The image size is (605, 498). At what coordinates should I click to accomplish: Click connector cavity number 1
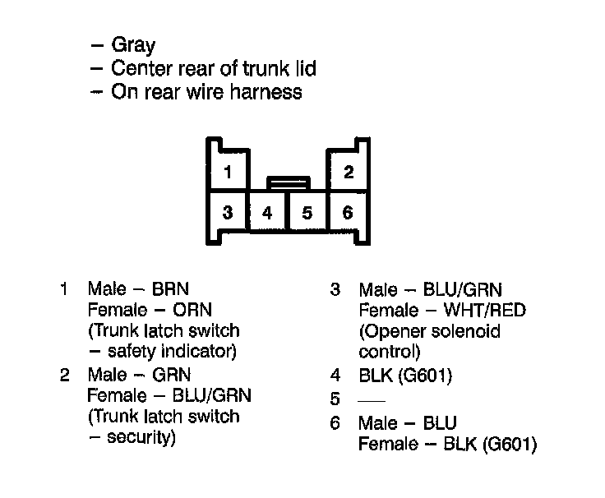point(228,173)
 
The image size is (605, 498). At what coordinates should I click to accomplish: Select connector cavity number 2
point(349,173)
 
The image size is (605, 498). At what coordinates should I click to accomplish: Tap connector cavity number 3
point(228,213)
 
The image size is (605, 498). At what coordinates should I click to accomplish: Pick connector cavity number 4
point(267,213)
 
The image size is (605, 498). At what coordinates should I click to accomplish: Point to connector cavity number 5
point(307,213)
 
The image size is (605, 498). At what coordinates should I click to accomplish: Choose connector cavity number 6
point(348,213)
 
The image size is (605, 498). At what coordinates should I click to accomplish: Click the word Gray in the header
point(133,46)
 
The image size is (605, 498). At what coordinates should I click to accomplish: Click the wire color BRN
point(171,288)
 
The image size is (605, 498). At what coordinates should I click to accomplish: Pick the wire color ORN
point(192,310)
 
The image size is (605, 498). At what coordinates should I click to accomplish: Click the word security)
point(141,437)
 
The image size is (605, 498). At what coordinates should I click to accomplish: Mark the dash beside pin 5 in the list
point(372,400)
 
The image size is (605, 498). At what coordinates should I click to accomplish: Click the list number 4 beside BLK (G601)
point(335,376)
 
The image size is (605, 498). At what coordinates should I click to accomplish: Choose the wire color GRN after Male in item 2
point(171,375)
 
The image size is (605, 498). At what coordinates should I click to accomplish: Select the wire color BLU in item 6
point(441,423)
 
